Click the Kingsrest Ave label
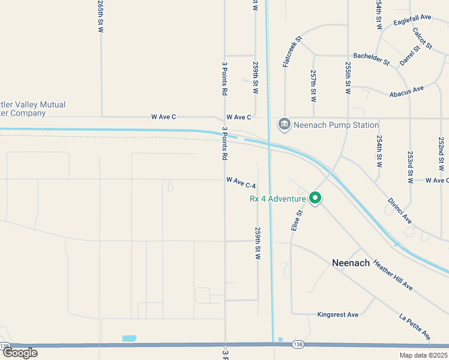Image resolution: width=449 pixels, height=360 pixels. tap(337, 314)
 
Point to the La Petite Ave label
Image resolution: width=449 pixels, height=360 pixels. tap(415, 325)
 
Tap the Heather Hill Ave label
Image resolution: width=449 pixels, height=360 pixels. tap(393, 275)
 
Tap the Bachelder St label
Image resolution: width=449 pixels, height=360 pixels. tap(371, 59)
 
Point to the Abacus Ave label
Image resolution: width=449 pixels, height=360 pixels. tap(406, 91)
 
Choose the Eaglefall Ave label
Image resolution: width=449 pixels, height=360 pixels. tap(413, 20)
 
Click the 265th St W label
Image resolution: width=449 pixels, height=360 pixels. tap(100, 16)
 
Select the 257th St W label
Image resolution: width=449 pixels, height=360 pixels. tap(313, 84)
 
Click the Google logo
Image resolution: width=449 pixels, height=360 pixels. tap(19, 353)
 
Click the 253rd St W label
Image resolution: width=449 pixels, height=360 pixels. tap(411, 167)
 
